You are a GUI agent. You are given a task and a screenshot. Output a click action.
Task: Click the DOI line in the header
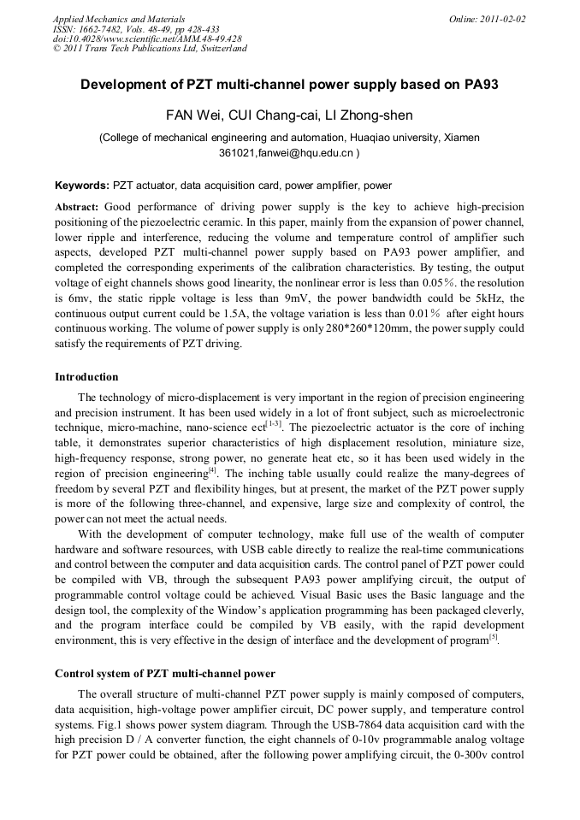pyautogui.click(x=146, y=38)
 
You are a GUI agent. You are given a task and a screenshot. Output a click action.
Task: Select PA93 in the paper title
pyautogui.click(x=481, y=85)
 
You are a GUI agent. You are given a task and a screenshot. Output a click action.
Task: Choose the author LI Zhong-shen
pyautogui.click(x=370, y=115)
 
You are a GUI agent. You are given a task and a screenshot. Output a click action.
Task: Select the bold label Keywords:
pyautogui.click(x=82, y=185)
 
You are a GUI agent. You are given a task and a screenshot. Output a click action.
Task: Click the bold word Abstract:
pyautogui.click(x=77, y=207)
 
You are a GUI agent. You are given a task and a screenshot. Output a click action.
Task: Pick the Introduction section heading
pyautogui.click(x=86, y=377)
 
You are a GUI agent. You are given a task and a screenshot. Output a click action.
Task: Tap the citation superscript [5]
pyautogui.click(x=493, y=636)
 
